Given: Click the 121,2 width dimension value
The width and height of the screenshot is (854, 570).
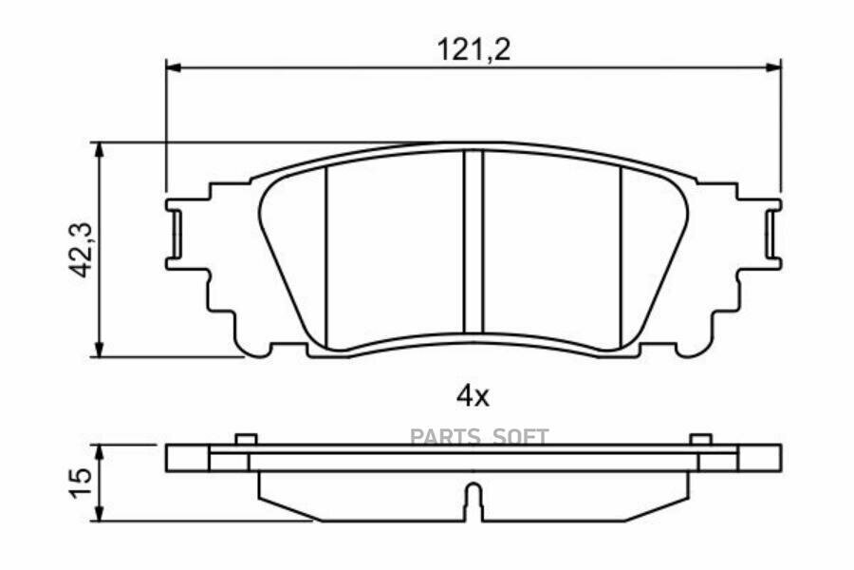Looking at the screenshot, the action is coord(473,50).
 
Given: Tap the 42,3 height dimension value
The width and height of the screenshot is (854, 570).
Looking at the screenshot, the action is coord(84,250).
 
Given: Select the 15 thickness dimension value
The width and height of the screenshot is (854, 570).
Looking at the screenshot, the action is coord(83,483).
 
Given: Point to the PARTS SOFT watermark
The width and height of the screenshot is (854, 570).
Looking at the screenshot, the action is coord(479,437).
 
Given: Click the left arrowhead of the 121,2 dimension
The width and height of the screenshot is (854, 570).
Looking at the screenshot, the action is coord(173,67).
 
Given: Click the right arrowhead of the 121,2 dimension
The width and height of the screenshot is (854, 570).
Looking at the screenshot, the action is coord(774,67).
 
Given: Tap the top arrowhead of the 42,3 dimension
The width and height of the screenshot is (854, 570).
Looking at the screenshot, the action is coord(99,149).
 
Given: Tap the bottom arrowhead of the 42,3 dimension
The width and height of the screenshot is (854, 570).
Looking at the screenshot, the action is coord(99,350).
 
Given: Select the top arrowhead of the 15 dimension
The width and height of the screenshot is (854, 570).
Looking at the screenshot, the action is coord(99,452).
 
